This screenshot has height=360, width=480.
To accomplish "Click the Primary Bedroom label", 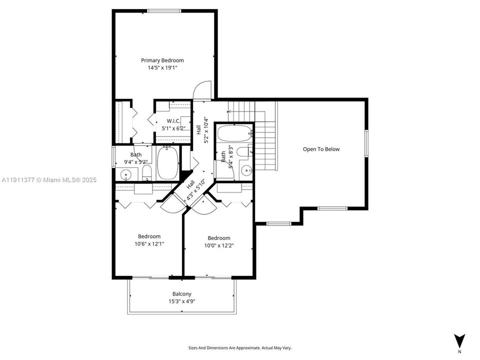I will pyautogui.click(x=162, y=60).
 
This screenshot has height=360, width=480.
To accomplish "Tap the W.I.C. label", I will pyautogui.click(x=173, y=121).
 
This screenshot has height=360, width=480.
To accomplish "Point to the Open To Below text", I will pyautogui.click(x=321, y=149).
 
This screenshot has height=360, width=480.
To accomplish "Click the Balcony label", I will pyautogui.click(x=182, y=294).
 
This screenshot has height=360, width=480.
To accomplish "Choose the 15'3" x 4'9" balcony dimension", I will pyautogui.click(x=182, y=301).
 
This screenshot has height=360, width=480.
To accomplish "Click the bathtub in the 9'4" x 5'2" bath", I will pyautogui.click(x=167, y=163).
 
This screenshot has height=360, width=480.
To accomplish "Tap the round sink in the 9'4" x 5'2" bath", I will pyautogui.click(x=125, y=174).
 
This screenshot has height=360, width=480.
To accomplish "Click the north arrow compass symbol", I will pyautogui.click(x=460, y=340).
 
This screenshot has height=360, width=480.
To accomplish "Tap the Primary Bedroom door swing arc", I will pyautogui.click(x=199, y=89).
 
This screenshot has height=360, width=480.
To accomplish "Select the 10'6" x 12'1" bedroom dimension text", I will pyautogui.click(x=149, y=243).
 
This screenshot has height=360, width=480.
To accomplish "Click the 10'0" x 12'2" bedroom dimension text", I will pyautogui.click(x=219, y=245).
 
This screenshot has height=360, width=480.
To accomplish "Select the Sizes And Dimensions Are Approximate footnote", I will pyautogui.click(x=239, y=347).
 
